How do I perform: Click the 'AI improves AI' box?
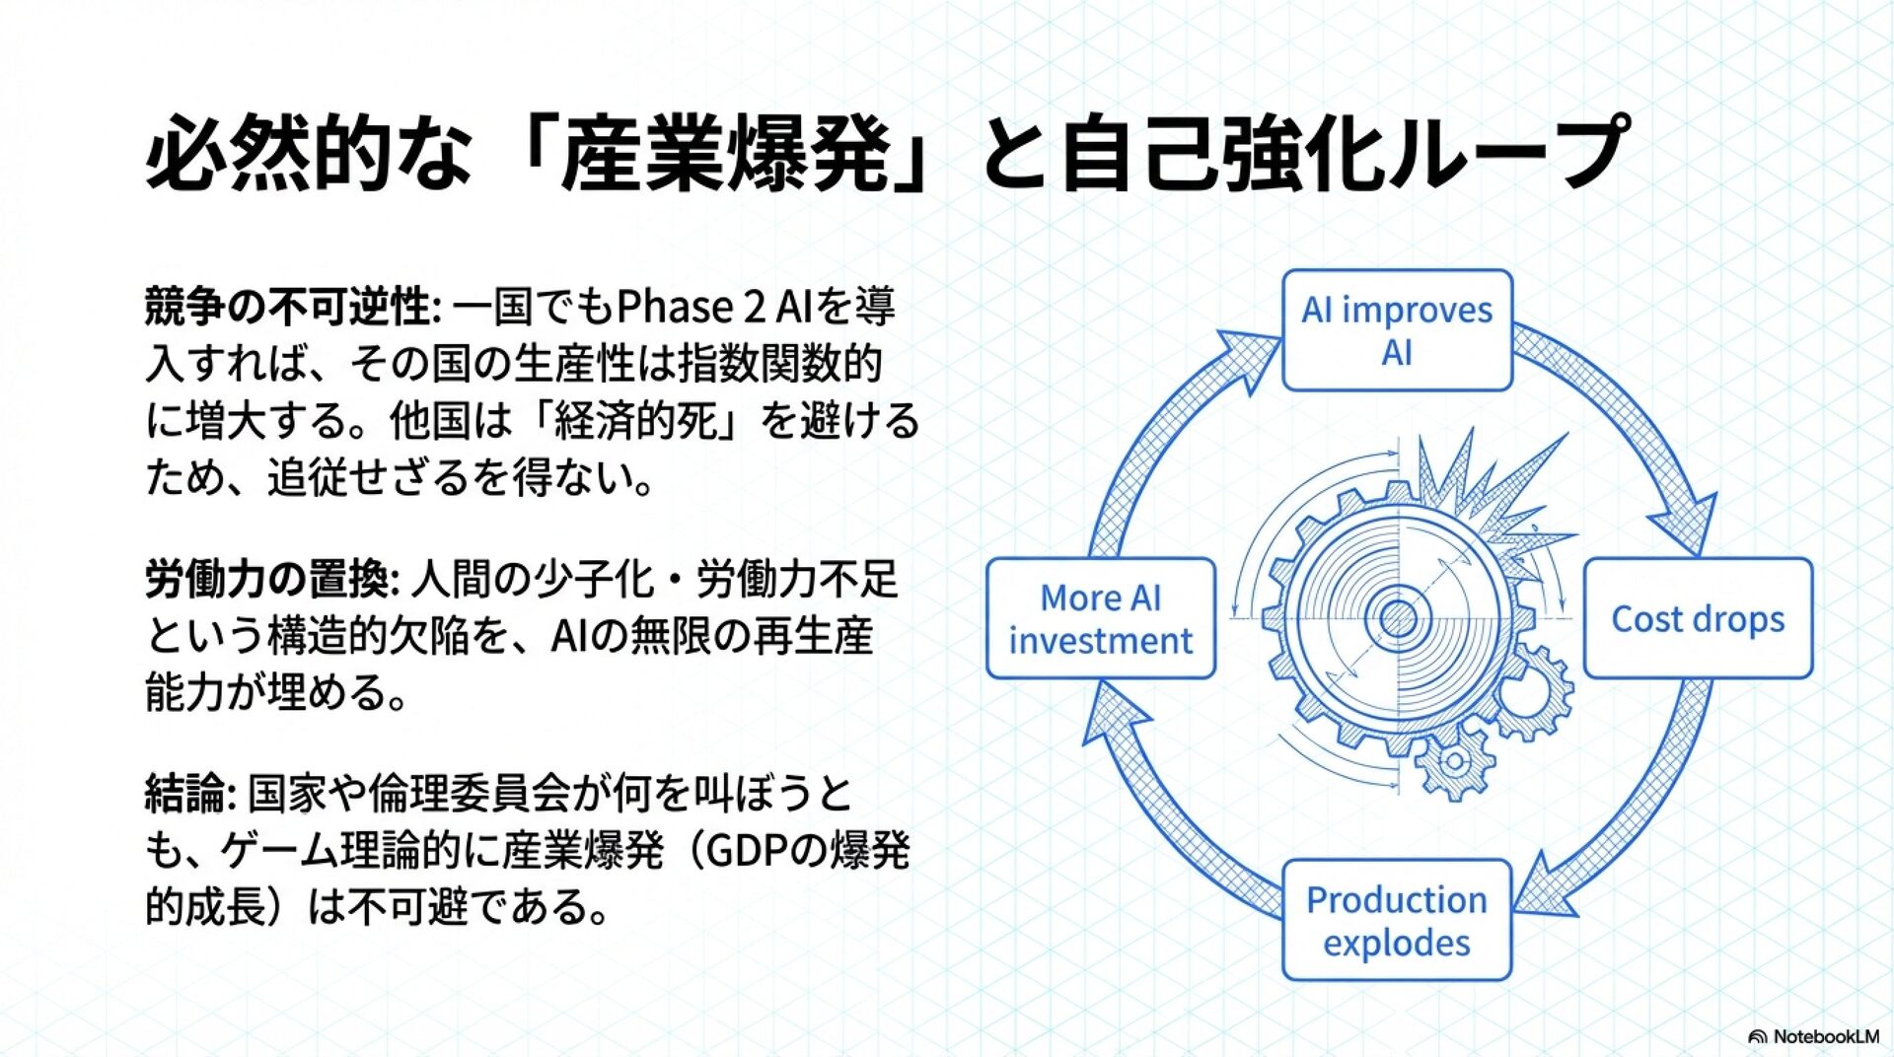[x=1397, y=330]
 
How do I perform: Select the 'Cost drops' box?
[x=1698, y=619]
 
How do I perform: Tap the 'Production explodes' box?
[x=1397, y=920]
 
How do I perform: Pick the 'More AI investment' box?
[x=1101, y=619]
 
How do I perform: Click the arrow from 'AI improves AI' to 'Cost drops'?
[x=1618, y=414]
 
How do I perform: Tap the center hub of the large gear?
[x=1397, y=619]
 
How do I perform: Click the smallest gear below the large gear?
[x=1454, y=762]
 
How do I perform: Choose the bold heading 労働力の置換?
[x=266, y=579]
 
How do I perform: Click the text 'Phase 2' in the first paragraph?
[x=691, y=307]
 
